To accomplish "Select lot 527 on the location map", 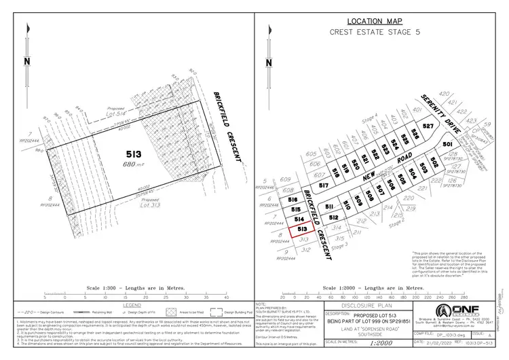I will click(x=428, y=127).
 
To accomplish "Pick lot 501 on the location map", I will click(x=447, y=145).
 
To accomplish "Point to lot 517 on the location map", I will click(x=324, y=185).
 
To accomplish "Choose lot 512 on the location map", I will click(x=334, y=217).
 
